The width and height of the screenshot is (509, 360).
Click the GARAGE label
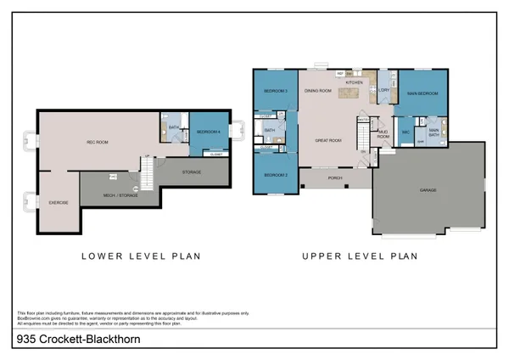tap(428, 190)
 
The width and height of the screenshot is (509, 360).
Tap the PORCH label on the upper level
tap(334, 178)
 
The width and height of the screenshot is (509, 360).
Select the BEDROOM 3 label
tap(275, 91)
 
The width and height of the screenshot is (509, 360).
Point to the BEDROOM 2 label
tap(274, 175)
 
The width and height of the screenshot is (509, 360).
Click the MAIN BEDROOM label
tap(421, 93)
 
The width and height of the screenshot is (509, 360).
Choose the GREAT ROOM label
tap(328, 140)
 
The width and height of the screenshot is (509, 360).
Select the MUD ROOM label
tap(383, 134)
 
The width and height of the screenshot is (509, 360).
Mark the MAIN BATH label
tap(433, 132)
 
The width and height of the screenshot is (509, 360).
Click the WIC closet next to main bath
tap(406, 132)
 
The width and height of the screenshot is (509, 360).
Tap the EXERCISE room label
tap(58, 203)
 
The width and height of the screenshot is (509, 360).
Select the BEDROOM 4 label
tap(208, 132)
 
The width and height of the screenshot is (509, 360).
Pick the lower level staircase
tap(148, 174)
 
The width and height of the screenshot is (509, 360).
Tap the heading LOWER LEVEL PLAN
tap(140, 256)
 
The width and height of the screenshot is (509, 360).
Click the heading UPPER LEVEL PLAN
tap(361, 256)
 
